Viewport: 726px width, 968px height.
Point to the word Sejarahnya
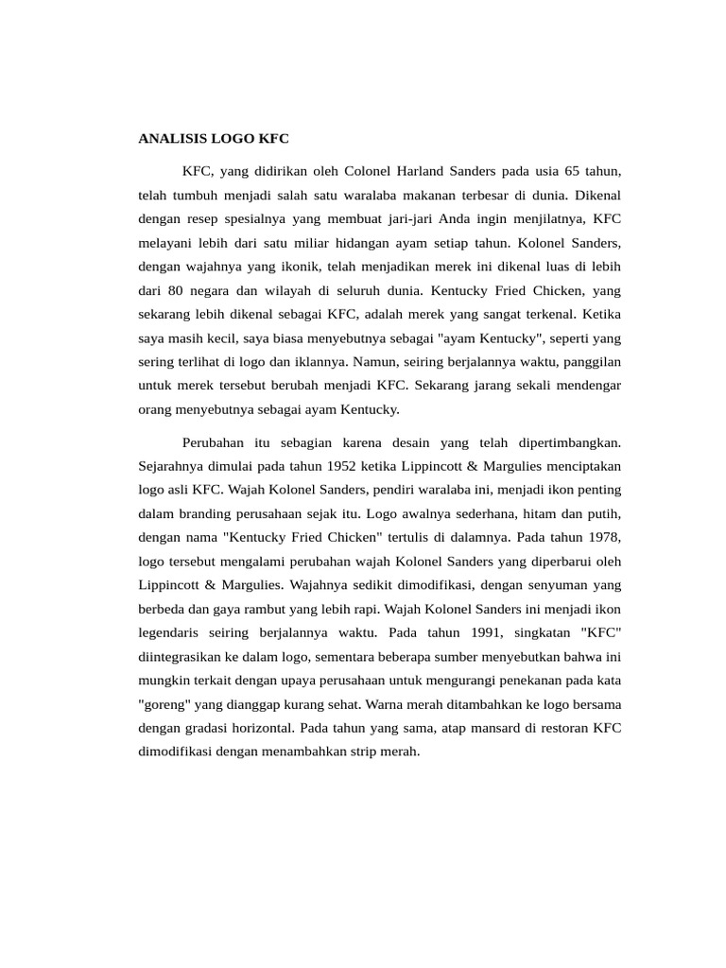[173, 466]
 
